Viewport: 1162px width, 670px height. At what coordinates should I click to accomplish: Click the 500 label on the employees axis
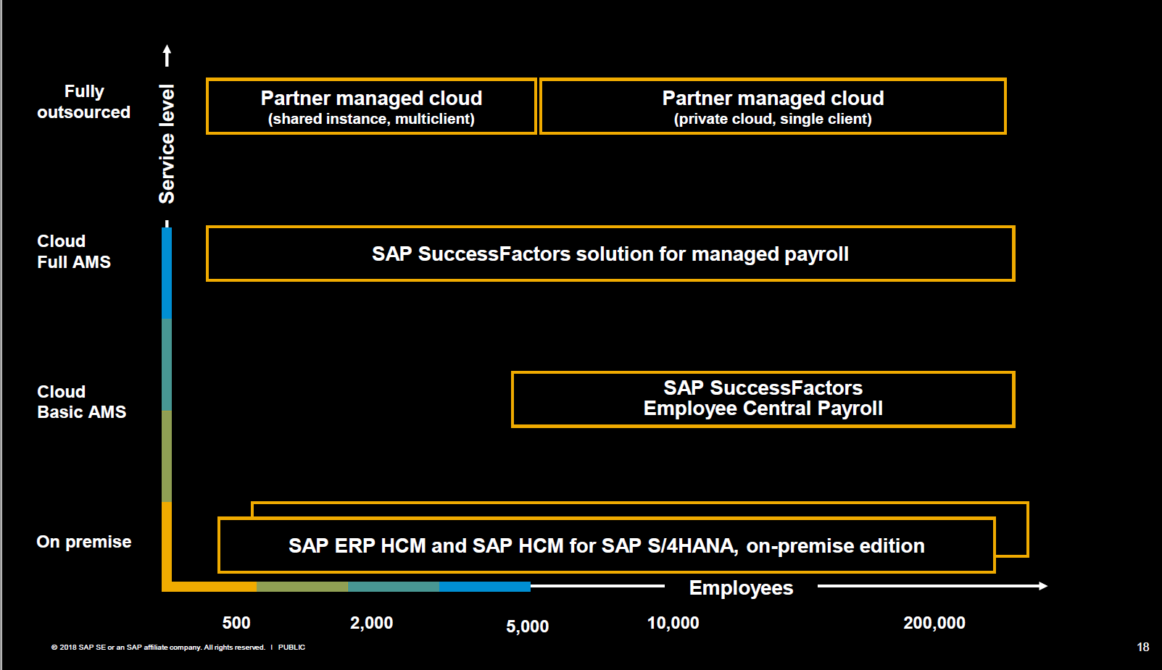coord(236,623)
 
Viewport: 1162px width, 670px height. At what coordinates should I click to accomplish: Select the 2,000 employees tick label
coord(371,623)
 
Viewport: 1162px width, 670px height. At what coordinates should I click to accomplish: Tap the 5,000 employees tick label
coord(527,627)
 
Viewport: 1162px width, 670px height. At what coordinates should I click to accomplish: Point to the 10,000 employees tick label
coord(673,623)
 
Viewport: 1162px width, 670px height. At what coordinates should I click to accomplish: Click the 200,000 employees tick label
coord(934,623)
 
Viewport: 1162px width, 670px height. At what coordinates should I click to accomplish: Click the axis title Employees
coord(741,588)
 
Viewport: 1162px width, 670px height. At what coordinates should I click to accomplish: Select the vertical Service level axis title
coord(167,143)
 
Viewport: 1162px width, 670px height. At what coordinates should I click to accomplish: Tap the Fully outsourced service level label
coord(84,102)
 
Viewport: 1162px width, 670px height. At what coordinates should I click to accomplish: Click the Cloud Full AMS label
coord(73,251)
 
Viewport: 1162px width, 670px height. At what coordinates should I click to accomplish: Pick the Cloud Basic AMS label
coord(81,402)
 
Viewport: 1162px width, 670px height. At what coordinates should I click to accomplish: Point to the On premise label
coord(84,542)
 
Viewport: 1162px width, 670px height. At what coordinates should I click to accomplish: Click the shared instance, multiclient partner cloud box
coord(371,106)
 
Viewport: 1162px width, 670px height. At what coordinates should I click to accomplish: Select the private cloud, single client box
coord(773,106)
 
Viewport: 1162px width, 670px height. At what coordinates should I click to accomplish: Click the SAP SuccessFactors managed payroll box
coord(610,254)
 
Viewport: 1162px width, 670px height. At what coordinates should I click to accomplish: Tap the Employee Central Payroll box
coord(763,399)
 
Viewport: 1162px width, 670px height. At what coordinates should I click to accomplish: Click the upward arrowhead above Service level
coord(167,51)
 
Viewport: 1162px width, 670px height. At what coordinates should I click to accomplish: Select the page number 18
coord(1142,648)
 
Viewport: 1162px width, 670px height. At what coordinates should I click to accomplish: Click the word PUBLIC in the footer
coord(291,648)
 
